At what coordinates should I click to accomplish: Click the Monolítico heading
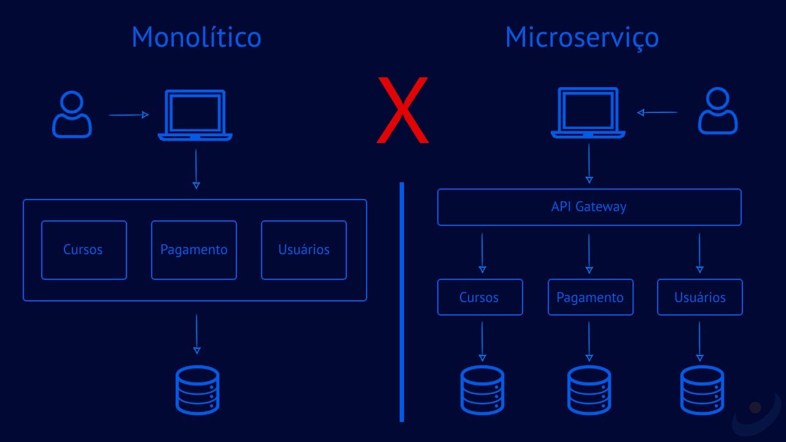(196, 37)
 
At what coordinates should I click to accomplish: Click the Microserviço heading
(582, 38)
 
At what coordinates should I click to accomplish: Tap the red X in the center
(402, 110)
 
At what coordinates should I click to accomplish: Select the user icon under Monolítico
(72, 115)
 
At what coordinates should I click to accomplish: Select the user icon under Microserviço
(718, 111)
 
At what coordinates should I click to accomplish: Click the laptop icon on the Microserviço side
(588, 113)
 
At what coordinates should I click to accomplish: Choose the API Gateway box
(589, 207)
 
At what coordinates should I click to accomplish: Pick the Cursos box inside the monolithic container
(84, 250)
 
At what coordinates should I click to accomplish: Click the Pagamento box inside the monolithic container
(194, 250)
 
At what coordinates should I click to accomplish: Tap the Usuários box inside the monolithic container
(304, 250)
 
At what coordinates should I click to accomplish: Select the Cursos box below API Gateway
(480, 297)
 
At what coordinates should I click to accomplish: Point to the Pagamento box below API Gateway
(590, 297)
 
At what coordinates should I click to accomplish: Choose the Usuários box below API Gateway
(700, 297)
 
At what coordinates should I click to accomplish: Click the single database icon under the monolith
(197, 390)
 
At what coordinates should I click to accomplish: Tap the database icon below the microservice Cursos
(482, 390)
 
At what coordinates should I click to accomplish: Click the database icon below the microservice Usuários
(702, 390)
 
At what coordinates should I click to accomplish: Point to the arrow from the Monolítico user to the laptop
(128, 115)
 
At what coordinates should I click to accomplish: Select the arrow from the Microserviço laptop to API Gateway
(589, 163)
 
